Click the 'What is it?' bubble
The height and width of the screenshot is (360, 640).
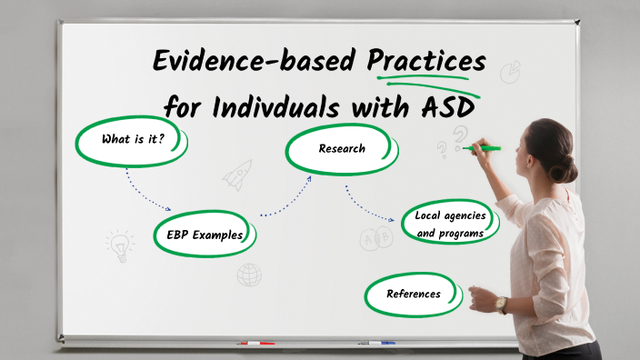pyautogui.click(x=132, y=141)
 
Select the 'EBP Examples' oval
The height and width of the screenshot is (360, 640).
pyautogui.click(x=205, y=235)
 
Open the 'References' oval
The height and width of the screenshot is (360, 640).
pyautogui.click(x=414, y=294)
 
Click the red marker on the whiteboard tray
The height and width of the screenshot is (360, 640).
pyautogui.click(x=257, y=344)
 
